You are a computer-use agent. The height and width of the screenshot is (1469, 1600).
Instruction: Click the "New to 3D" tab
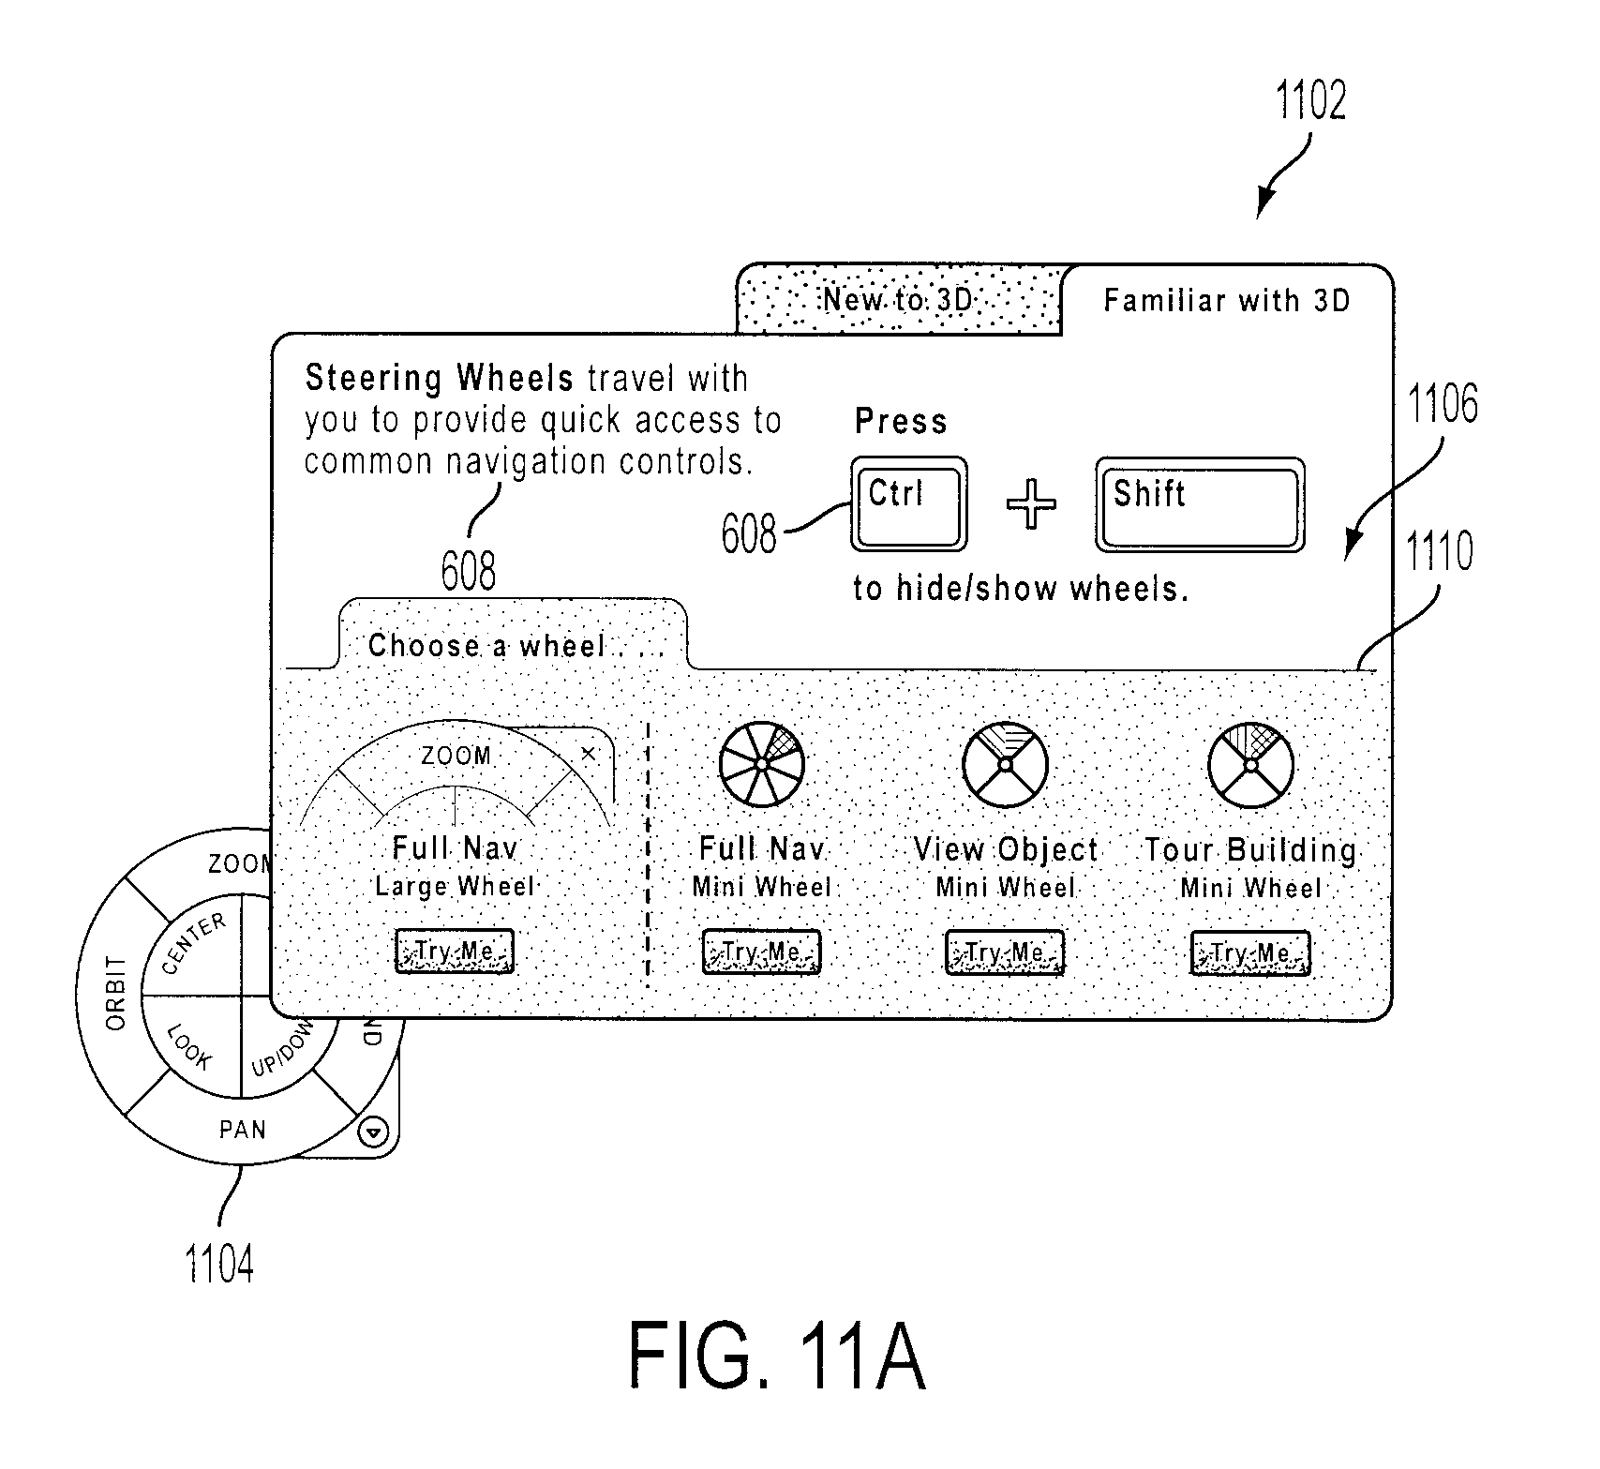pyautogui.click(x=899, y=300)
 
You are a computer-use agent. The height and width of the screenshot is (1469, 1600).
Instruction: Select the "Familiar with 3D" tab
pyautogui.click(x=1227, y=300)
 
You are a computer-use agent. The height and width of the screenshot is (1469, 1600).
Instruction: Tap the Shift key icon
pyautogui.click(x=1200, y=504)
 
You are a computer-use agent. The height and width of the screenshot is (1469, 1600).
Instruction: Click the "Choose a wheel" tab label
pyautogui.click(x=486, y=646)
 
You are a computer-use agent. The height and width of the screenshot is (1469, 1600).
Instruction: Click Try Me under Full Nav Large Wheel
pyautogui.click(x=455, y=952)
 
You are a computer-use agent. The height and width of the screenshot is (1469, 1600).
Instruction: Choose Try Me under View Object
pyautogui.click(x=1005, y=952)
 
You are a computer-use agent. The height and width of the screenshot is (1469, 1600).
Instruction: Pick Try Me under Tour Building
pyautogui.click(x=1250, y=953)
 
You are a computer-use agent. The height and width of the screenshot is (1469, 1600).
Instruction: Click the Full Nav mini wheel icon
pyautogui.click(x=762, y=764)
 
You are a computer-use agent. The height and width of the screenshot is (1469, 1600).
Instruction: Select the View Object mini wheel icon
pyautogui.click(x=1005, y=764)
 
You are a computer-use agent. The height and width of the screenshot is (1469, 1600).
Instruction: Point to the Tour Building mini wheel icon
pyautogui.click(x=1250, y=764)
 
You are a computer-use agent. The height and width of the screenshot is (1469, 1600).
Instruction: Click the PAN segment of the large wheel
pyautogui.click(x=243, y=1130)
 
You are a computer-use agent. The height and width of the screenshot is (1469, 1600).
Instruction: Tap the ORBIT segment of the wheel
pyautogui.click(x=114, y=994)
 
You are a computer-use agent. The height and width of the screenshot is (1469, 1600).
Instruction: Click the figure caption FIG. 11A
pyautogui.click(x=776, y=1356)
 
